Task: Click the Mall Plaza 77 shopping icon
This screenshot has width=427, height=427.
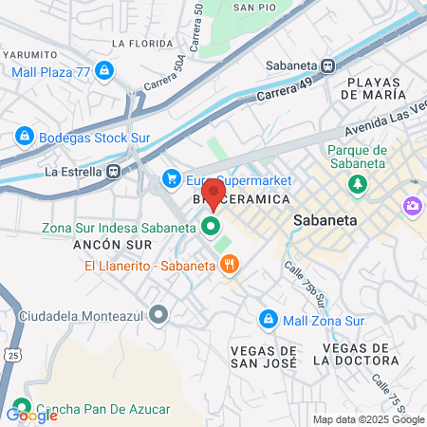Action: (104, 70)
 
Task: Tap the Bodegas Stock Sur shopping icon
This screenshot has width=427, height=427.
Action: (24, 138)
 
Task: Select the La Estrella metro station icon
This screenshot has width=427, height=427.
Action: (114, 172)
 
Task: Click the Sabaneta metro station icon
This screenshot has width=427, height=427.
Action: (328, 66)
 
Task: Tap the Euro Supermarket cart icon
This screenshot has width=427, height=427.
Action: (172, 177)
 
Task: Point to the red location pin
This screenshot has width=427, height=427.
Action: (213, 193)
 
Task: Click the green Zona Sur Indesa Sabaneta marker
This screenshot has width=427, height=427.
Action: (210, 228)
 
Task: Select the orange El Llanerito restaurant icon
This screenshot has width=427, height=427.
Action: (228, 265)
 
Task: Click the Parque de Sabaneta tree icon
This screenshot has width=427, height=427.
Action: (358, 184)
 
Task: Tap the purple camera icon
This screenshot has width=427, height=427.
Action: (412, 205)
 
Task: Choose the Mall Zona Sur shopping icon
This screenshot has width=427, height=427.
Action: (269, 319)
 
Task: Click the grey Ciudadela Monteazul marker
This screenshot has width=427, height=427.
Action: (158, 313)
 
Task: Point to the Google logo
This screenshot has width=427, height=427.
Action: (31, 416)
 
